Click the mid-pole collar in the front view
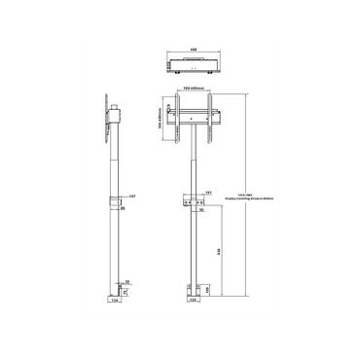pos(193,201)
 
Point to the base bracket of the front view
pos(193,289)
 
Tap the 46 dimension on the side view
pos(121,207)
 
